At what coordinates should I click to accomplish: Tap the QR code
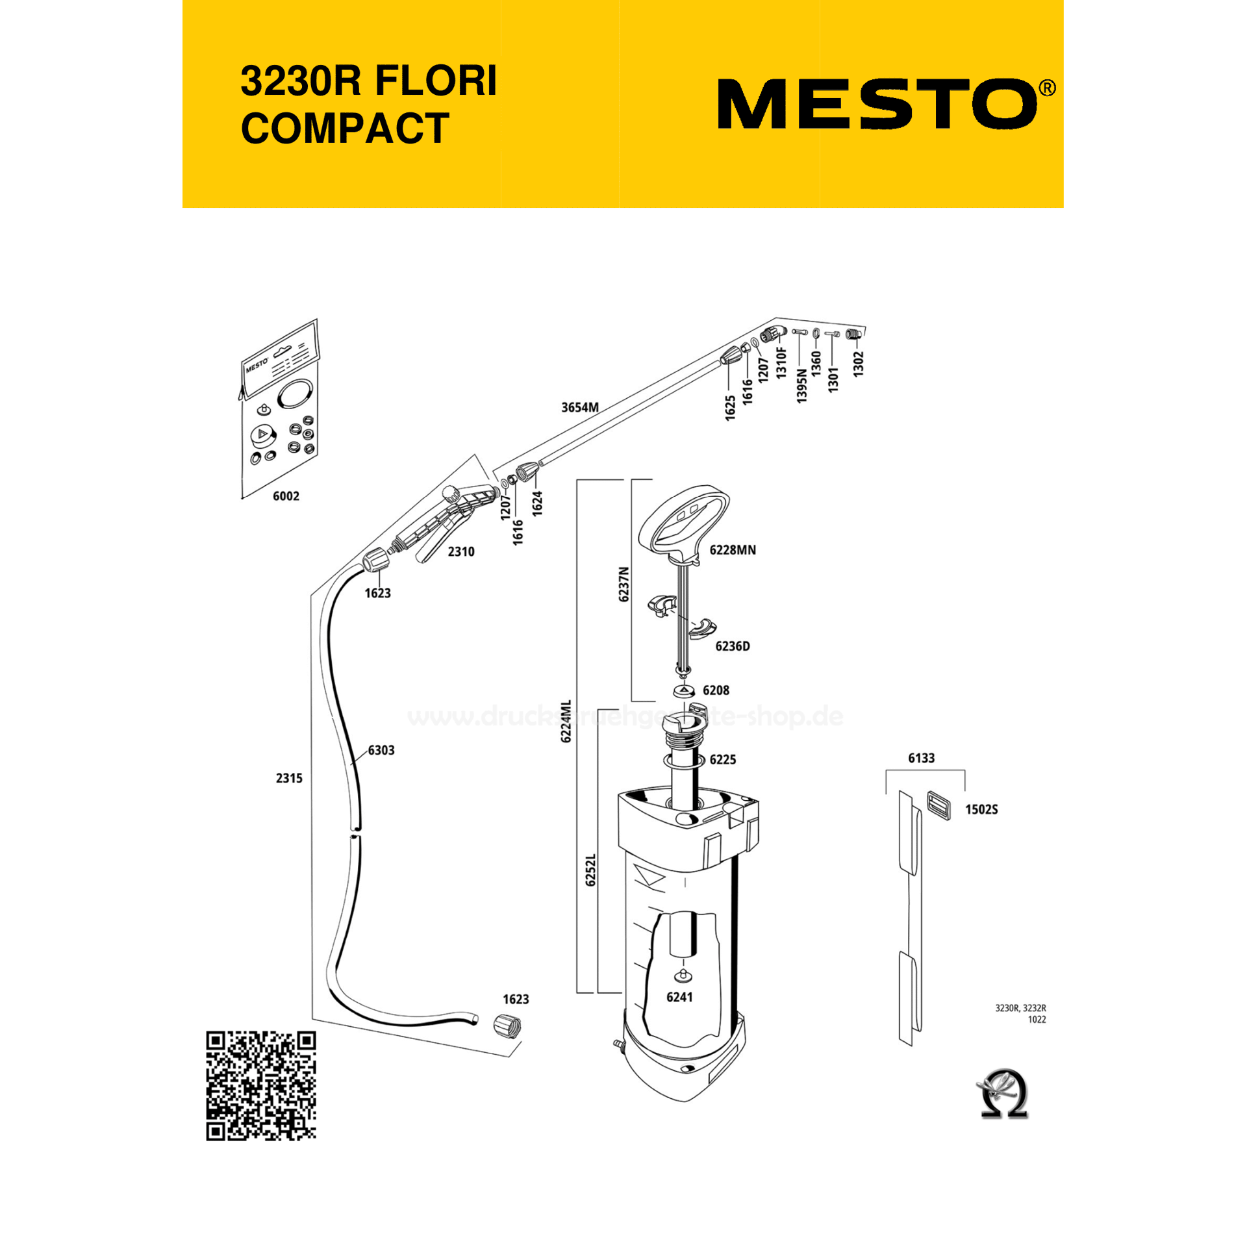click(x=261, y=1085)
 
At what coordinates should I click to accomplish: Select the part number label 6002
click(x=286, y=496)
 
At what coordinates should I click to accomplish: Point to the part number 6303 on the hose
click(x=381, y=750)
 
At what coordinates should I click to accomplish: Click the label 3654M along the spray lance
click(x=580, y=407)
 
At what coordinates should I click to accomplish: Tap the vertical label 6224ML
click(x=566, y=722)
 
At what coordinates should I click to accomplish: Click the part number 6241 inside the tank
click(x=679, y=997)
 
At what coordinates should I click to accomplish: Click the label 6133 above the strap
click(x=921, y=758)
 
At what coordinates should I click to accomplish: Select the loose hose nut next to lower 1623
click(x=507, y=1026)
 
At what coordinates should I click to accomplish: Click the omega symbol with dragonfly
click(x=1003, y=1094)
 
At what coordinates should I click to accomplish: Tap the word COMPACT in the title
click(x=345, y=129)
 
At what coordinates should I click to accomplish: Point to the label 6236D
click(x=732, y=646)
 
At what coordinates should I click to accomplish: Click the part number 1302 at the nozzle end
click(x=859, y=364)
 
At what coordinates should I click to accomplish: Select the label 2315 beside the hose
click(x=289, y=778)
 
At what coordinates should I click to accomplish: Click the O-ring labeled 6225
click(x=683, y=761)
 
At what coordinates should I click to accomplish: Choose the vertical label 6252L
click(x=590, y=870)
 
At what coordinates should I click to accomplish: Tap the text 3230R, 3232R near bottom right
click(x=1020, y=1008)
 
